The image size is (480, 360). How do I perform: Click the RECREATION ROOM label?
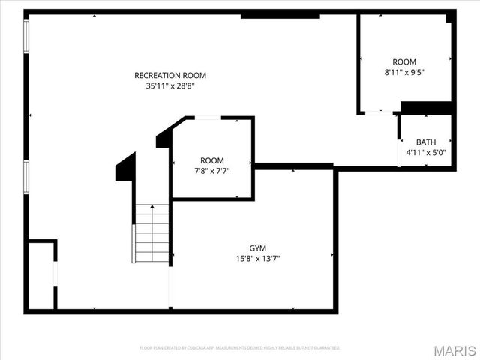pos(170,75)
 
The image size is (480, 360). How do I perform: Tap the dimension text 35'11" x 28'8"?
pos(170,86)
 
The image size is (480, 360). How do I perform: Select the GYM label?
pos(258,248)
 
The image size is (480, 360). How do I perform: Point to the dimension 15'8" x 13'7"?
pos(258,259)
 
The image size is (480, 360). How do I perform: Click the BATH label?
pos(426,142)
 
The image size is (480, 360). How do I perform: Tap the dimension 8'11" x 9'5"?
pos(404,73)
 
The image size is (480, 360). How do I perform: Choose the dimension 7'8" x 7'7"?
pos(211,171)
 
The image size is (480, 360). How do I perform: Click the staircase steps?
pos(151,232)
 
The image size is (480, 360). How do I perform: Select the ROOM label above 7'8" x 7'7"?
pos(211,160)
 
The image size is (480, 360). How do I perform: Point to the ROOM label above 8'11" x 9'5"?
pos(404,61)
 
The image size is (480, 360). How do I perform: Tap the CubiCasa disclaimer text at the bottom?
pos(240,348)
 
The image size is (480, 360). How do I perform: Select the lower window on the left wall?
pos(27,177)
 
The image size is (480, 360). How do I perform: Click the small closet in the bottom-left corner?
pos(40,274)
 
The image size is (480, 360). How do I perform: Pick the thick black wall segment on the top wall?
pos(280,15)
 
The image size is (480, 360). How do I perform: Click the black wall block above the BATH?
pos(424,108)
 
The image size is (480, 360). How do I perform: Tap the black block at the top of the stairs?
pos(126,166)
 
